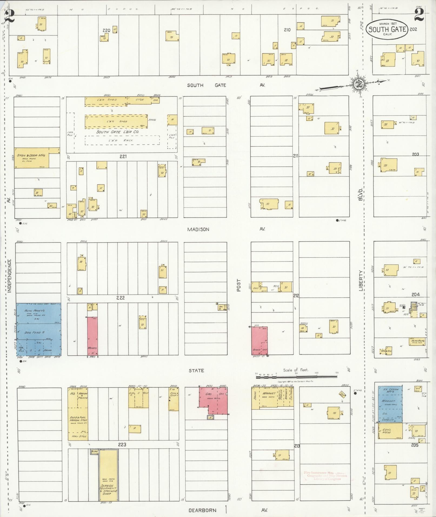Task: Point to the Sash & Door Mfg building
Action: tap(32, 158)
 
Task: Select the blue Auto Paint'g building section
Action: tap(38, 313)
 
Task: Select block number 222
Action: tap(120, 298)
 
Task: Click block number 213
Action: tap(297, 446)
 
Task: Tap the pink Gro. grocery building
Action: tap(214, 401)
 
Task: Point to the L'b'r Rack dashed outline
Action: tap(122, 140)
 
